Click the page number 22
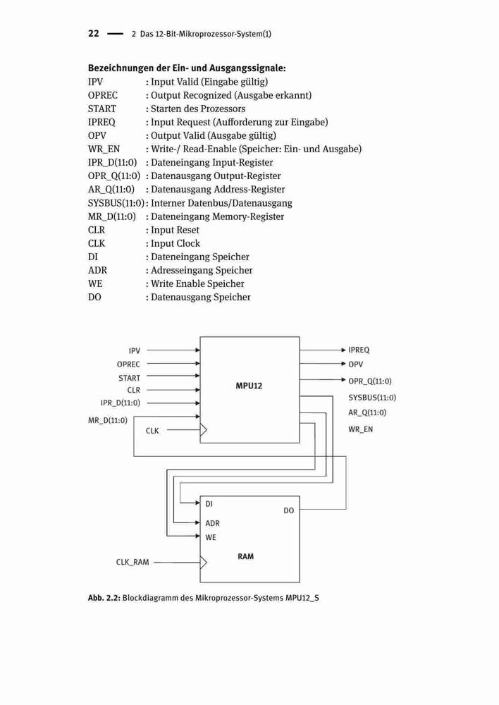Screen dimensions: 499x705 pos(94,33)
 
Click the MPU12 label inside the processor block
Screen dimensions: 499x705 pos(249,386)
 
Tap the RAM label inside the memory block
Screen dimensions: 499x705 pos(245,556)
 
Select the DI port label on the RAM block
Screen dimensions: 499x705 pos(209,504)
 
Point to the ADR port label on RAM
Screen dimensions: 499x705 pos(212,523)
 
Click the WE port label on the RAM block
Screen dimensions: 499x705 pos(211,537)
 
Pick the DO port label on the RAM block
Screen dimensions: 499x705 pos(288,510)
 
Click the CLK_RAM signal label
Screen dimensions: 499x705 pos(133,562)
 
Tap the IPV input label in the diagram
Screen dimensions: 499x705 pos(135,350)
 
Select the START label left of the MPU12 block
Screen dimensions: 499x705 pos(130,378)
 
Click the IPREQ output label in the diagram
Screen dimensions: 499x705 pos(359,350)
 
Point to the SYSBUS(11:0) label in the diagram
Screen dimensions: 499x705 pos(372,398)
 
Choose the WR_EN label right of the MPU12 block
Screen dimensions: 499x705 pos(361,429)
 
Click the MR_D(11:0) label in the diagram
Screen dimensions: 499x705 pos(108,420)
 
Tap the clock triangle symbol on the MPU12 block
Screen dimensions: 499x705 pos(204,430)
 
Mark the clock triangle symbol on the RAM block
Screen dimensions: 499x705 pos(204,562)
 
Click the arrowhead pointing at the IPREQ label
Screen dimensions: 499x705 pos(344,350)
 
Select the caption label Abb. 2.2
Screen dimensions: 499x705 pos(104,598)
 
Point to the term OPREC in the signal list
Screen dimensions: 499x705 pos(103,95)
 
